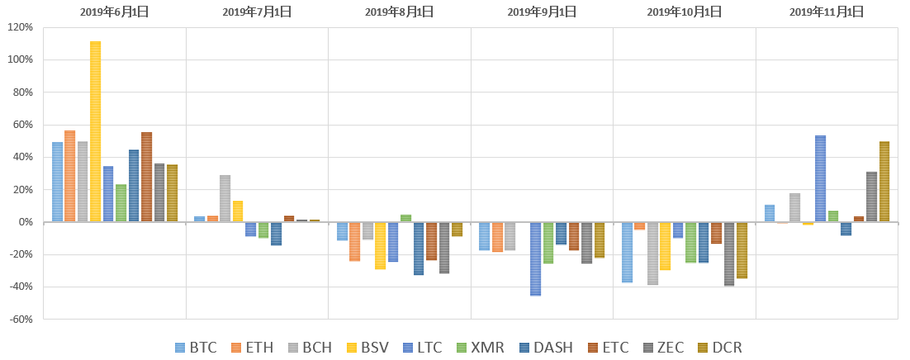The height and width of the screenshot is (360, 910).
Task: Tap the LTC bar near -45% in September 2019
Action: tap(535, 258)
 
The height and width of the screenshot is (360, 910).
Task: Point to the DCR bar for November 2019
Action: tap(884, 182)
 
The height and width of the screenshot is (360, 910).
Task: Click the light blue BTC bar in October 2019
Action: tap(627, 252)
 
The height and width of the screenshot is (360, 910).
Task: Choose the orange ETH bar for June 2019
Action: tap(69, 176)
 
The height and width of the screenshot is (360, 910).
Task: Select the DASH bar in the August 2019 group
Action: tap(419, 248)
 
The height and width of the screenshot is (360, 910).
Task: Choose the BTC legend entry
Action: tap(197, 348)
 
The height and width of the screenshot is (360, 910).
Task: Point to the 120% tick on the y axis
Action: tap(20, 27)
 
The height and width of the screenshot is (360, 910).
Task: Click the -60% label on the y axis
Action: tap(20, 319)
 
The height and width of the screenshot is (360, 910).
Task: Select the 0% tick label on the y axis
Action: tap(25, 222)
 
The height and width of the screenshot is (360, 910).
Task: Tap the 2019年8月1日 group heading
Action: tap(400, 12)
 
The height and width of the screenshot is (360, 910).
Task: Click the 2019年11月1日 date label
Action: tap(826, 12)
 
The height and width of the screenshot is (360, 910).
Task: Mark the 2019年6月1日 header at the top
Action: tap(115, 12)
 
